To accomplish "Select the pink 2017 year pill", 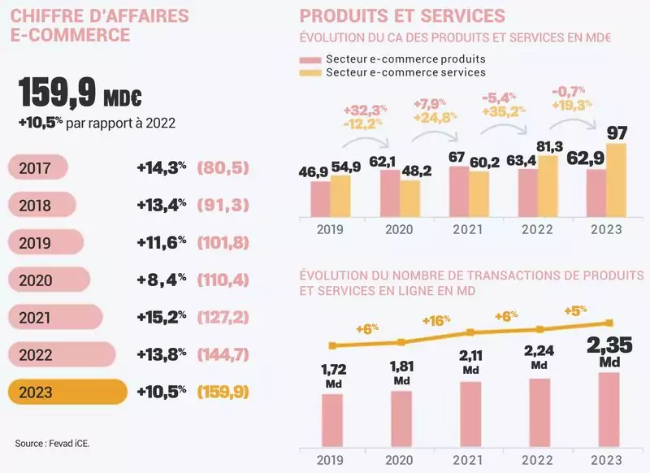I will coord(37,167).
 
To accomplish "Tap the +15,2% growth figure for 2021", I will coord(162,316).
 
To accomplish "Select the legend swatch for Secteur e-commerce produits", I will coord(310,59).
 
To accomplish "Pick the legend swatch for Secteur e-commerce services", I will coord(310,73).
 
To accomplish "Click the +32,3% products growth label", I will coord(365,110).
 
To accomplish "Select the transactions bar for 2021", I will coord(470,414).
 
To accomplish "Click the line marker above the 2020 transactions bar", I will coord(401,342).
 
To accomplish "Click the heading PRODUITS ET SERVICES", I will coord(402,15).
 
